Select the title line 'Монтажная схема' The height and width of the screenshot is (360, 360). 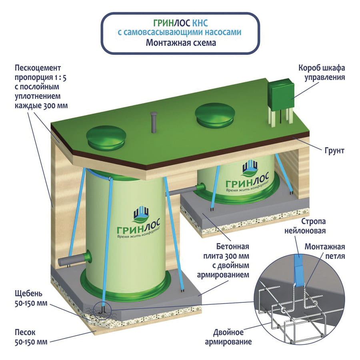pos(179,43)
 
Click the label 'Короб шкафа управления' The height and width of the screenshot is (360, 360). pos(322,72)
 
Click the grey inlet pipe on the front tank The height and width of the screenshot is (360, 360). pos(74,260)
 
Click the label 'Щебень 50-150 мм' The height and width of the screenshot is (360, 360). pos(26,299)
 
